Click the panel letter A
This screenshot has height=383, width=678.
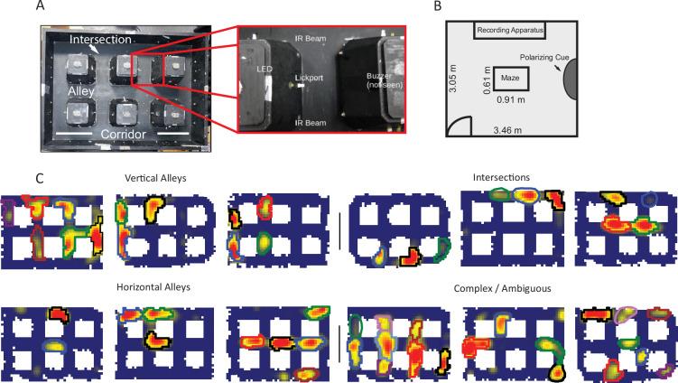pyautogui.click(x=41, y=5)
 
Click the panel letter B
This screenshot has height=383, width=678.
pyautogui.click(x=438, y=5)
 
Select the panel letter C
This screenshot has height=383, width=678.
pyautogui.click(x=40, y=178)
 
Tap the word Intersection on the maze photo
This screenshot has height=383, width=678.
pyautogui.click(x=100, y=40)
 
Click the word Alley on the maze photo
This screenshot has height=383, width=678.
pyautogui.click(x=81, y=91)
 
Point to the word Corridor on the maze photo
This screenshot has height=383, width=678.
pyautogui.click(x=124, y=135)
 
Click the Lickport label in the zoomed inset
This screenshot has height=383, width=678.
pyautogui.click(x=309, y=78)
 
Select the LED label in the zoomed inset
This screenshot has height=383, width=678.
pyautogui.click(x=264, y=69)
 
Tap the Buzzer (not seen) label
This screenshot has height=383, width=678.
pyautogui.click(x=385, y=80)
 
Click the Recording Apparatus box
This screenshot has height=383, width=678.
pyautogui.click(x=510, y=31)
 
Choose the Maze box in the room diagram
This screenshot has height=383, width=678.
pyautogui.click(x=510, y=79)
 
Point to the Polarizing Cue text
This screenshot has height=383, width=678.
pyautogui.click(x=544, y=57)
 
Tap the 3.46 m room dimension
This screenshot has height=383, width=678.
pyautogui.click(x=507, y=130)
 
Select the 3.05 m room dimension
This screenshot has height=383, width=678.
pyautogui.click(x=452, y=79)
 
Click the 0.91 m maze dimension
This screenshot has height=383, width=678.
pyautogui.click(x=511, y=99)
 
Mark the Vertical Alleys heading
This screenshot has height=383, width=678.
pyautogui.click(x=155, y=178)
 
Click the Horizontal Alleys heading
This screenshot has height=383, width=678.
pyautogui.click(x=153, y=287)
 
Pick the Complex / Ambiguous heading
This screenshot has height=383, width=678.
pyautogui.click(x=503, y=289)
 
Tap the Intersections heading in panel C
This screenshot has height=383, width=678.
pyautogui.click(x=501, y=177)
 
